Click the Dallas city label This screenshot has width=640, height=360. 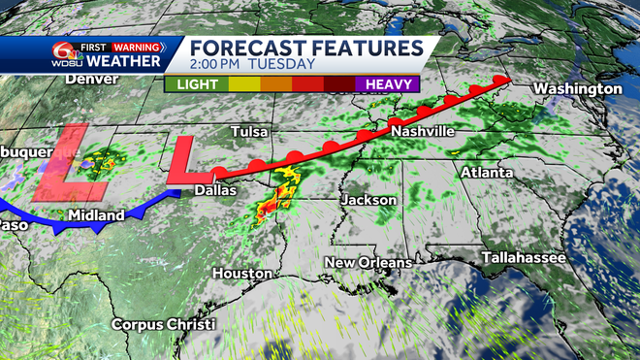(214, 190)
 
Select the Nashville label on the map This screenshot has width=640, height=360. (423, 131)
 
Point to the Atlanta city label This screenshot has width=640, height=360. (487, 173)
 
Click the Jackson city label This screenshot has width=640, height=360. (368, 199)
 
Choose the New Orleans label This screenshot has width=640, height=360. (368, 262)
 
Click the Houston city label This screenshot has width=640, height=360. (241, 274)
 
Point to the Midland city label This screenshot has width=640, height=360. (96, 214)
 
